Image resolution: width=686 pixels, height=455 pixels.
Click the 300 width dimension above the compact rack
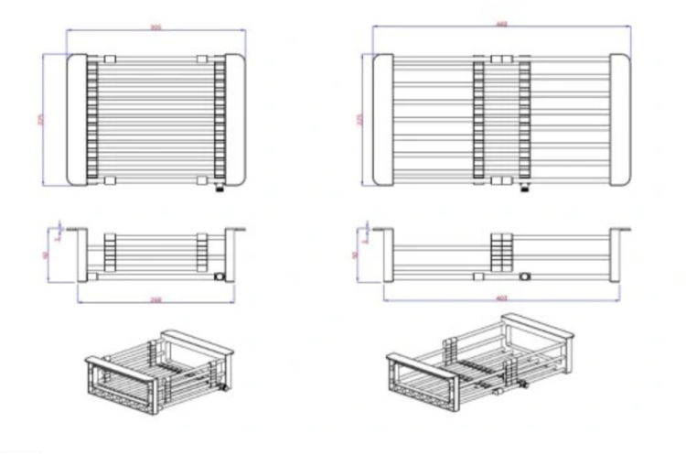155,27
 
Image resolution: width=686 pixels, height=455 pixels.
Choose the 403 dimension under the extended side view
502,298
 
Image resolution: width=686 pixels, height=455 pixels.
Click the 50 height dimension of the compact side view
46,254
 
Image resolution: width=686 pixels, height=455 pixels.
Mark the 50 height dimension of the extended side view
355,254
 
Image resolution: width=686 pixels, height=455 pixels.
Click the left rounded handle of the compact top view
76,120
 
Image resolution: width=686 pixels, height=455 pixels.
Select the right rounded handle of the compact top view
235,120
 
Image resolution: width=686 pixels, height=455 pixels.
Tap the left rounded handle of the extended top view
383,120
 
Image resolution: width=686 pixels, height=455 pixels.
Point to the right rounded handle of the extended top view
619,120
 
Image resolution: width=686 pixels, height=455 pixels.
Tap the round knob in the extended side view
525,275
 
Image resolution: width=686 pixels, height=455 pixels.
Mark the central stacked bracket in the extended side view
503,251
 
